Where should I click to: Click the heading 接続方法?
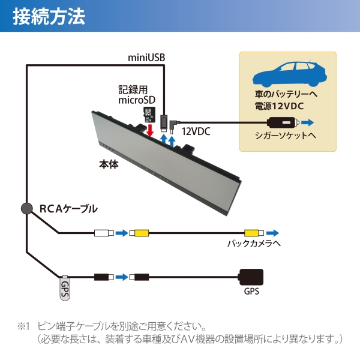pos(49,17)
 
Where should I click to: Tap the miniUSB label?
pos(146,58)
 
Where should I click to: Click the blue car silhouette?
pos(290,73)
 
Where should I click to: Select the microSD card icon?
pos(149,115)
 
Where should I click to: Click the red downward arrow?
pos(150,130)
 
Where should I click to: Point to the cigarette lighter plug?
pos(283,122)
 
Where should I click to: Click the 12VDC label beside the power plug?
pos(196,131)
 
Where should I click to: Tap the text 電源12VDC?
pos(279,106)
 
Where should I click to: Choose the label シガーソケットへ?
pos(286,136)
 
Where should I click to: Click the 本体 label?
pos(109,164)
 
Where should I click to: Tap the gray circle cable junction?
pos(27,208)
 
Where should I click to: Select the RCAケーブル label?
pos(68,209)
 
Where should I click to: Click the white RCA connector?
pos(104,233)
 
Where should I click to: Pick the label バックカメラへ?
pos(254,244)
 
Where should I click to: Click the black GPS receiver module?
pos(251,277)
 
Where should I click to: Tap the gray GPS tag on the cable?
pos(65,288)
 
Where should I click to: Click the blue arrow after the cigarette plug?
pos(307,122)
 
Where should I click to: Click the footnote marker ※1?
pos(23,326)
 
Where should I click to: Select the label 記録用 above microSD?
pos(133,90)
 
